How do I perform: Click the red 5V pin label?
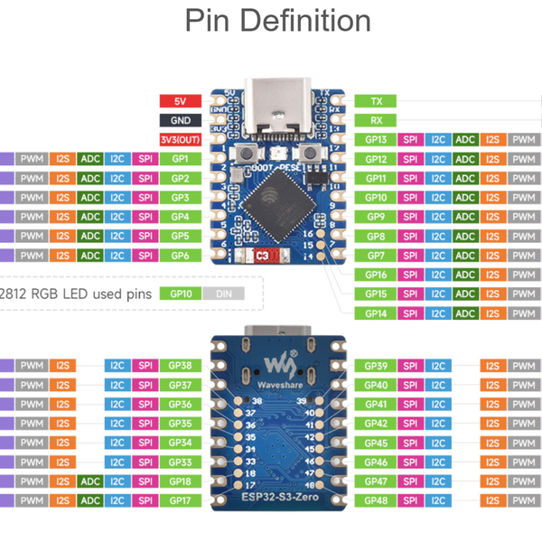click(180, 101)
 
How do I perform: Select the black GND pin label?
click(180, 120)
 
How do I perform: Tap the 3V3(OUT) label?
click(180, 140)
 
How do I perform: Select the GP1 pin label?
click(180, 159)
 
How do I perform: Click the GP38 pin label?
click(180, 366)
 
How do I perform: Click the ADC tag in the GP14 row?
click(465, 313)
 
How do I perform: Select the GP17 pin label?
click(180, 500)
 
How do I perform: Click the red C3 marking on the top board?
click(263, 256)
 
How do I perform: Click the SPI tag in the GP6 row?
click(145, 256)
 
